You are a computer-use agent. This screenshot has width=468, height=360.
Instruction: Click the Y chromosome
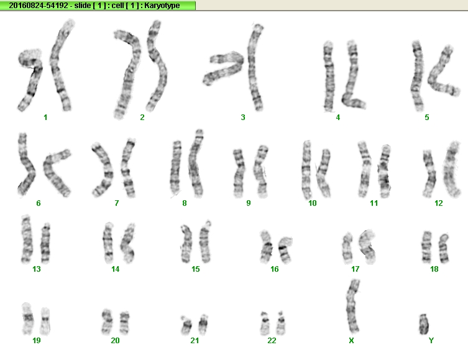423,324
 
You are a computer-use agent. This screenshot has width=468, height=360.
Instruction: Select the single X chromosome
353,306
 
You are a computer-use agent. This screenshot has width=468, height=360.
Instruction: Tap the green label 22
272,340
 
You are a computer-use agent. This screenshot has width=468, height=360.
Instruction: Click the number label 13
37,269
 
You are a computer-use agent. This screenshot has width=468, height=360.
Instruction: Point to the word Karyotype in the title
162,6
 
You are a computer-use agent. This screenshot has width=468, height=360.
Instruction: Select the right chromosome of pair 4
353,75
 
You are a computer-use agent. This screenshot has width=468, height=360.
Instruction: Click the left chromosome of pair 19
28,318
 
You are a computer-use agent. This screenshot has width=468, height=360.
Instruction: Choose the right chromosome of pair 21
203,324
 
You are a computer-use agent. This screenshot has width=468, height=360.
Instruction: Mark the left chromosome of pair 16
266,247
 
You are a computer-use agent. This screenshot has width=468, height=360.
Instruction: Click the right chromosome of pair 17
367,247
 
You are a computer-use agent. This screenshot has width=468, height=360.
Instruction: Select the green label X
351,340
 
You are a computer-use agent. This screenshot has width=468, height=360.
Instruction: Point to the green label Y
431,340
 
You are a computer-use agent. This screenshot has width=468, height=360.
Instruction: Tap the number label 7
116,203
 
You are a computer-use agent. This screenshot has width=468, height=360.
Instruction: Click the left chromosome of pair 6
26,165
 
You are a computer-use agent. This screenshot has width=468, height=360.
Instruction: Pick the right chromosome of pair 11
385,172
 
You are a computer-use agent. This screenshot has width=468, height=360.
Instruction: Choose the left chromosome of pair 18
427,247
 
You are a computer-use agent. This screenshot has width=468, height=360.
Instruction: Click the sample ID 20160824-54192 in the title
38,6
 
